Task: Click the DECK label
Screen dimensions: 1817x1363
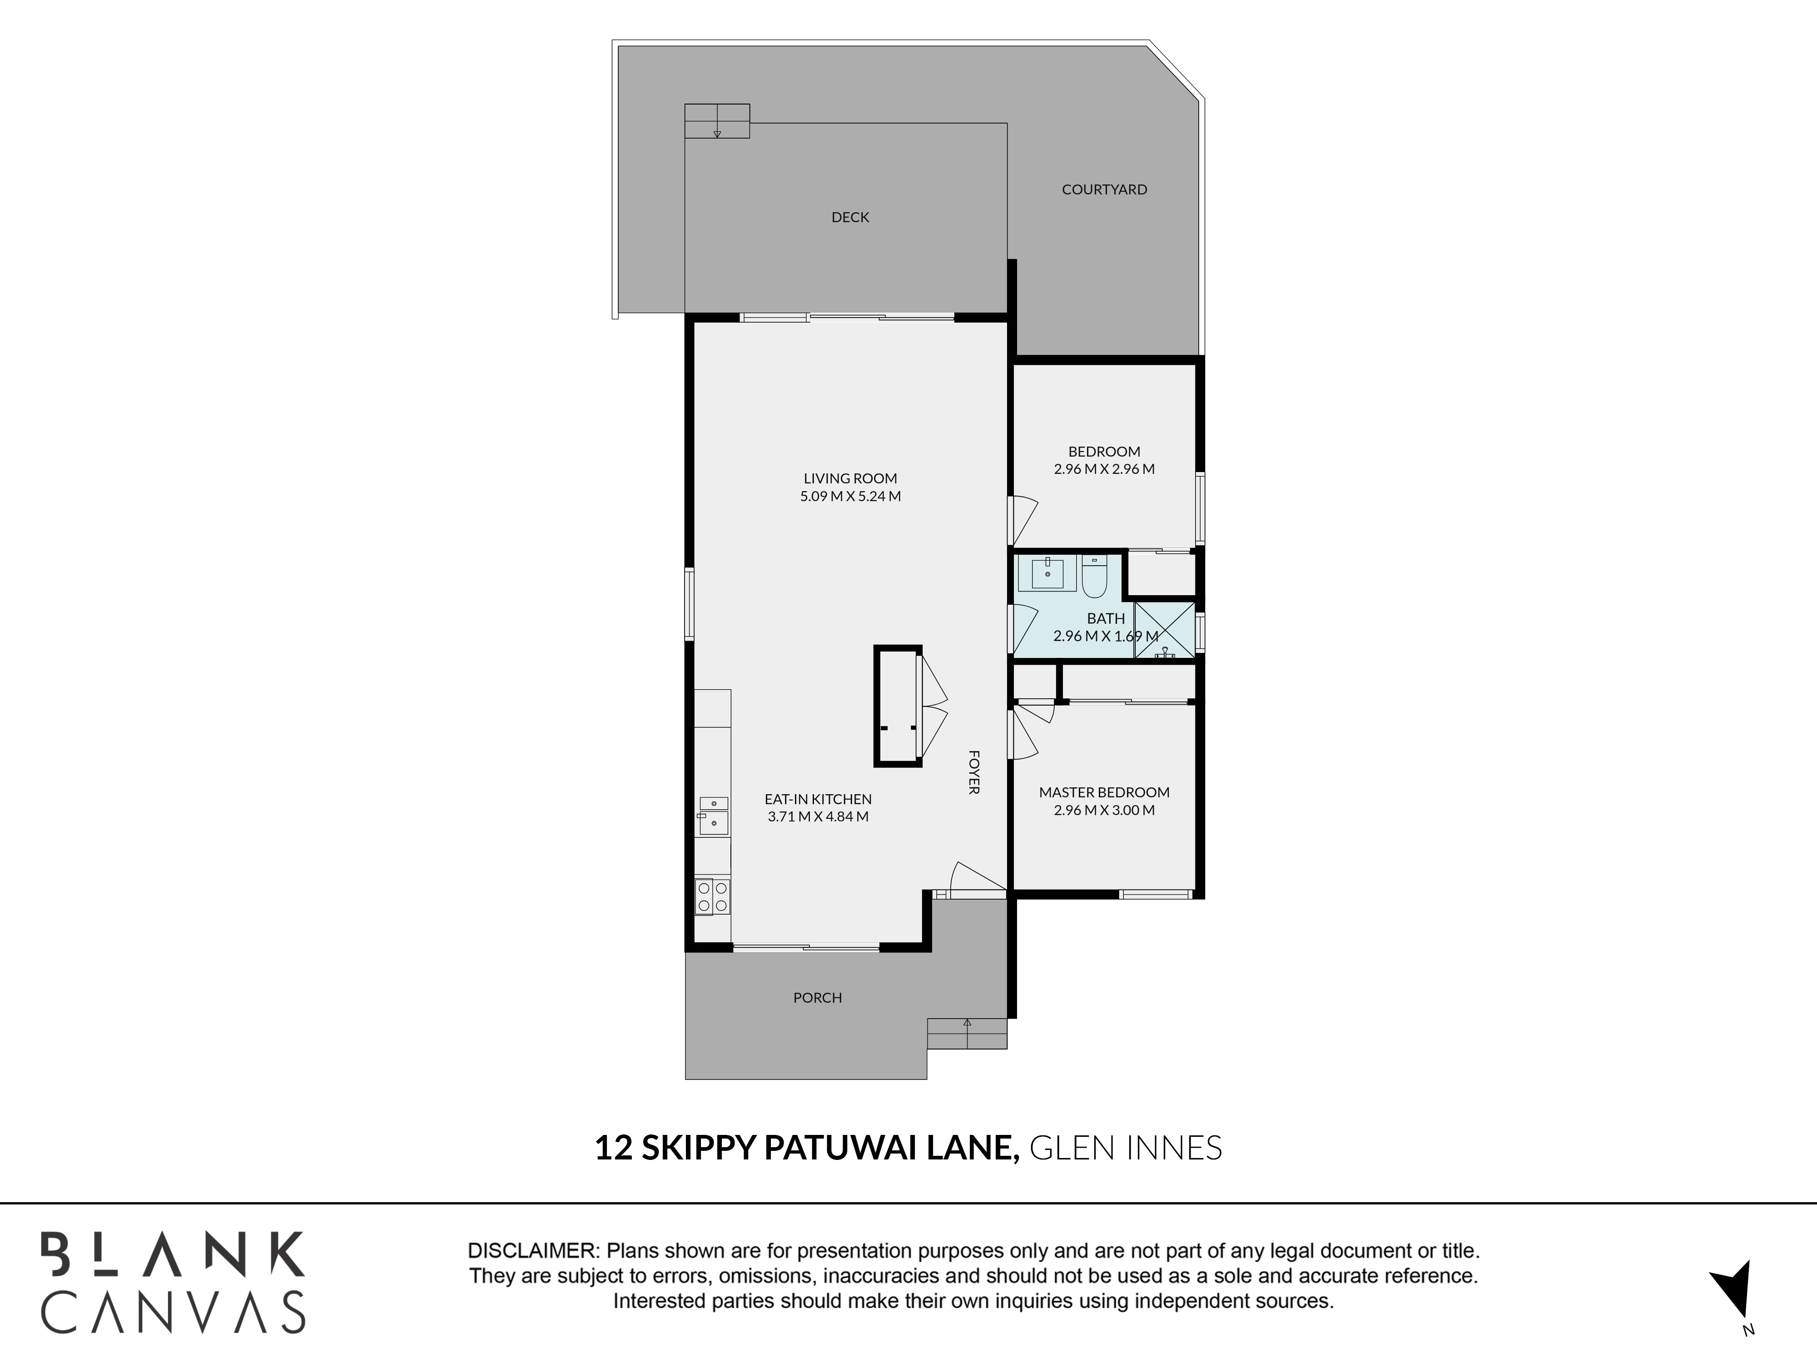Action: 850,217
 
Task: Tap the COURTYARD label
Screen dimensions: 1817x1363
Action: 1104,189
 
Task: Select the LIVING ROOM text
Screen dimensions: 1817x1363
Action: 850,478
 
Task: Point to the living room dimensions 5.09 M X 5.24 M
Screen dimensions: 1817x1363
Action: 850,496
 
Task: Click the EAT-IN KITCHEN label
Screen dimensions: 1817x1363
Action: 818,799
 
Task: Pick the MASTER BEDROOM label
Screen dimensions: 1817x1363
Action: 1104,792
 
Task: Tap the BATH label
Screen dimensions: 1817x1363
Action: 1106,618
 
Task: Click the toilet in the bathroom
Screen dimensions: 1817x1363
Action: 1095,576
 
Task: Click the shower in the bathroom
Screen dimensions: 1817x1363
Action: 1165,630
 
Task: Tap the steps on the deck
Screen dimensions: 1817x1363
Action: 717,121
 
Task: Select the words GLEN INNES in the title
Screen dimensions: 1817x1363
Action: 1125,1148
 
